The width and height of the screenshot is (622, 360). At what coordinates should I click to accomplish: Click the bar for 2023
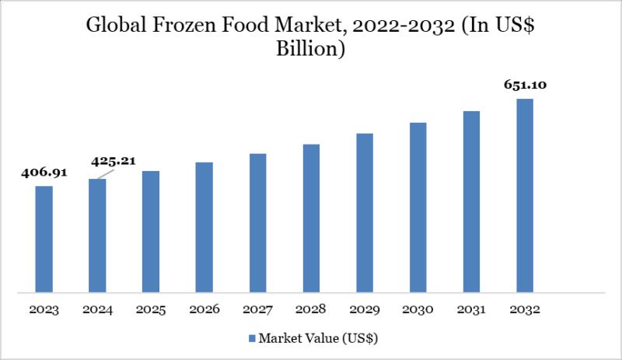[x=44, y=239]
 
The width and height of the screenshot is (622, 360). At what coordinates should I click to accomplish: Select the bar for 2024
[x=97, y=236]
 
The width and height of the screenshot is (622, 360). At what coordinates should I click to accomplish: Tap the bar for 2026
[x=204, y=227]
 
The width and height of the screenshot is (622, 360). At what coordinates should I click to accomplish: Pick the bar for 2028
[x=311, y=218]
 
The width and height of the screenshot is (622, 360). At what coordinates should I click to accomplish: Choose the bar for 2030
[x=418, y=208]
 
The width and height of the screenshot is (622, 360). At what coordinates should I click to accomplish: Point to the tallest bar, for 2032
[x=525, y=196]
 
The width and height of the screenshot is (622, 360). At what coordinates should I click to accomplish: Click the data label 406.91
[x=44, y=173]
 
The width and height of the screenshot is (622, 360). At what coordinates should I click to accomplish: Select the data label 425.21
[x=114, y=162]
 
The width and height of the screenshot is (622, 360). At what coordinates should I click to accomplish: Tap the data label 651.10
[x=525, y=86]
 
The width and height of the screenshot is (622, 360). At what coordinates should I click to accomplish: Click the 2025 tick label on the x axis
[x=151, y=309]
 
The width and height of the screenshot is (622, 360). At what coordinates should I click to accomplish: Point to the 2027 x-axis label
[x=257, y=309]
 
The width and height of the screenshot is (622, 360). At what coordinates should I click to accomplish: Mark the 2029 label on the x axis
[x=365, y=309]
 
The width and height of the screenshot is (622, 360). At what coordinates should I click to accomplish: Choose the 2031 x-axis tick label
[x=472, y=309]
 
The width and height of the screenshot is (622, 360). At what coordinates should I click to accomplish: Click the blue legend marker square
[x=251, y=339]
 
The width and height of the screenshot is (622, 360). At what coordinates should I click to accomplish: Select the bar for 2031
[x=472, y=202]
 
